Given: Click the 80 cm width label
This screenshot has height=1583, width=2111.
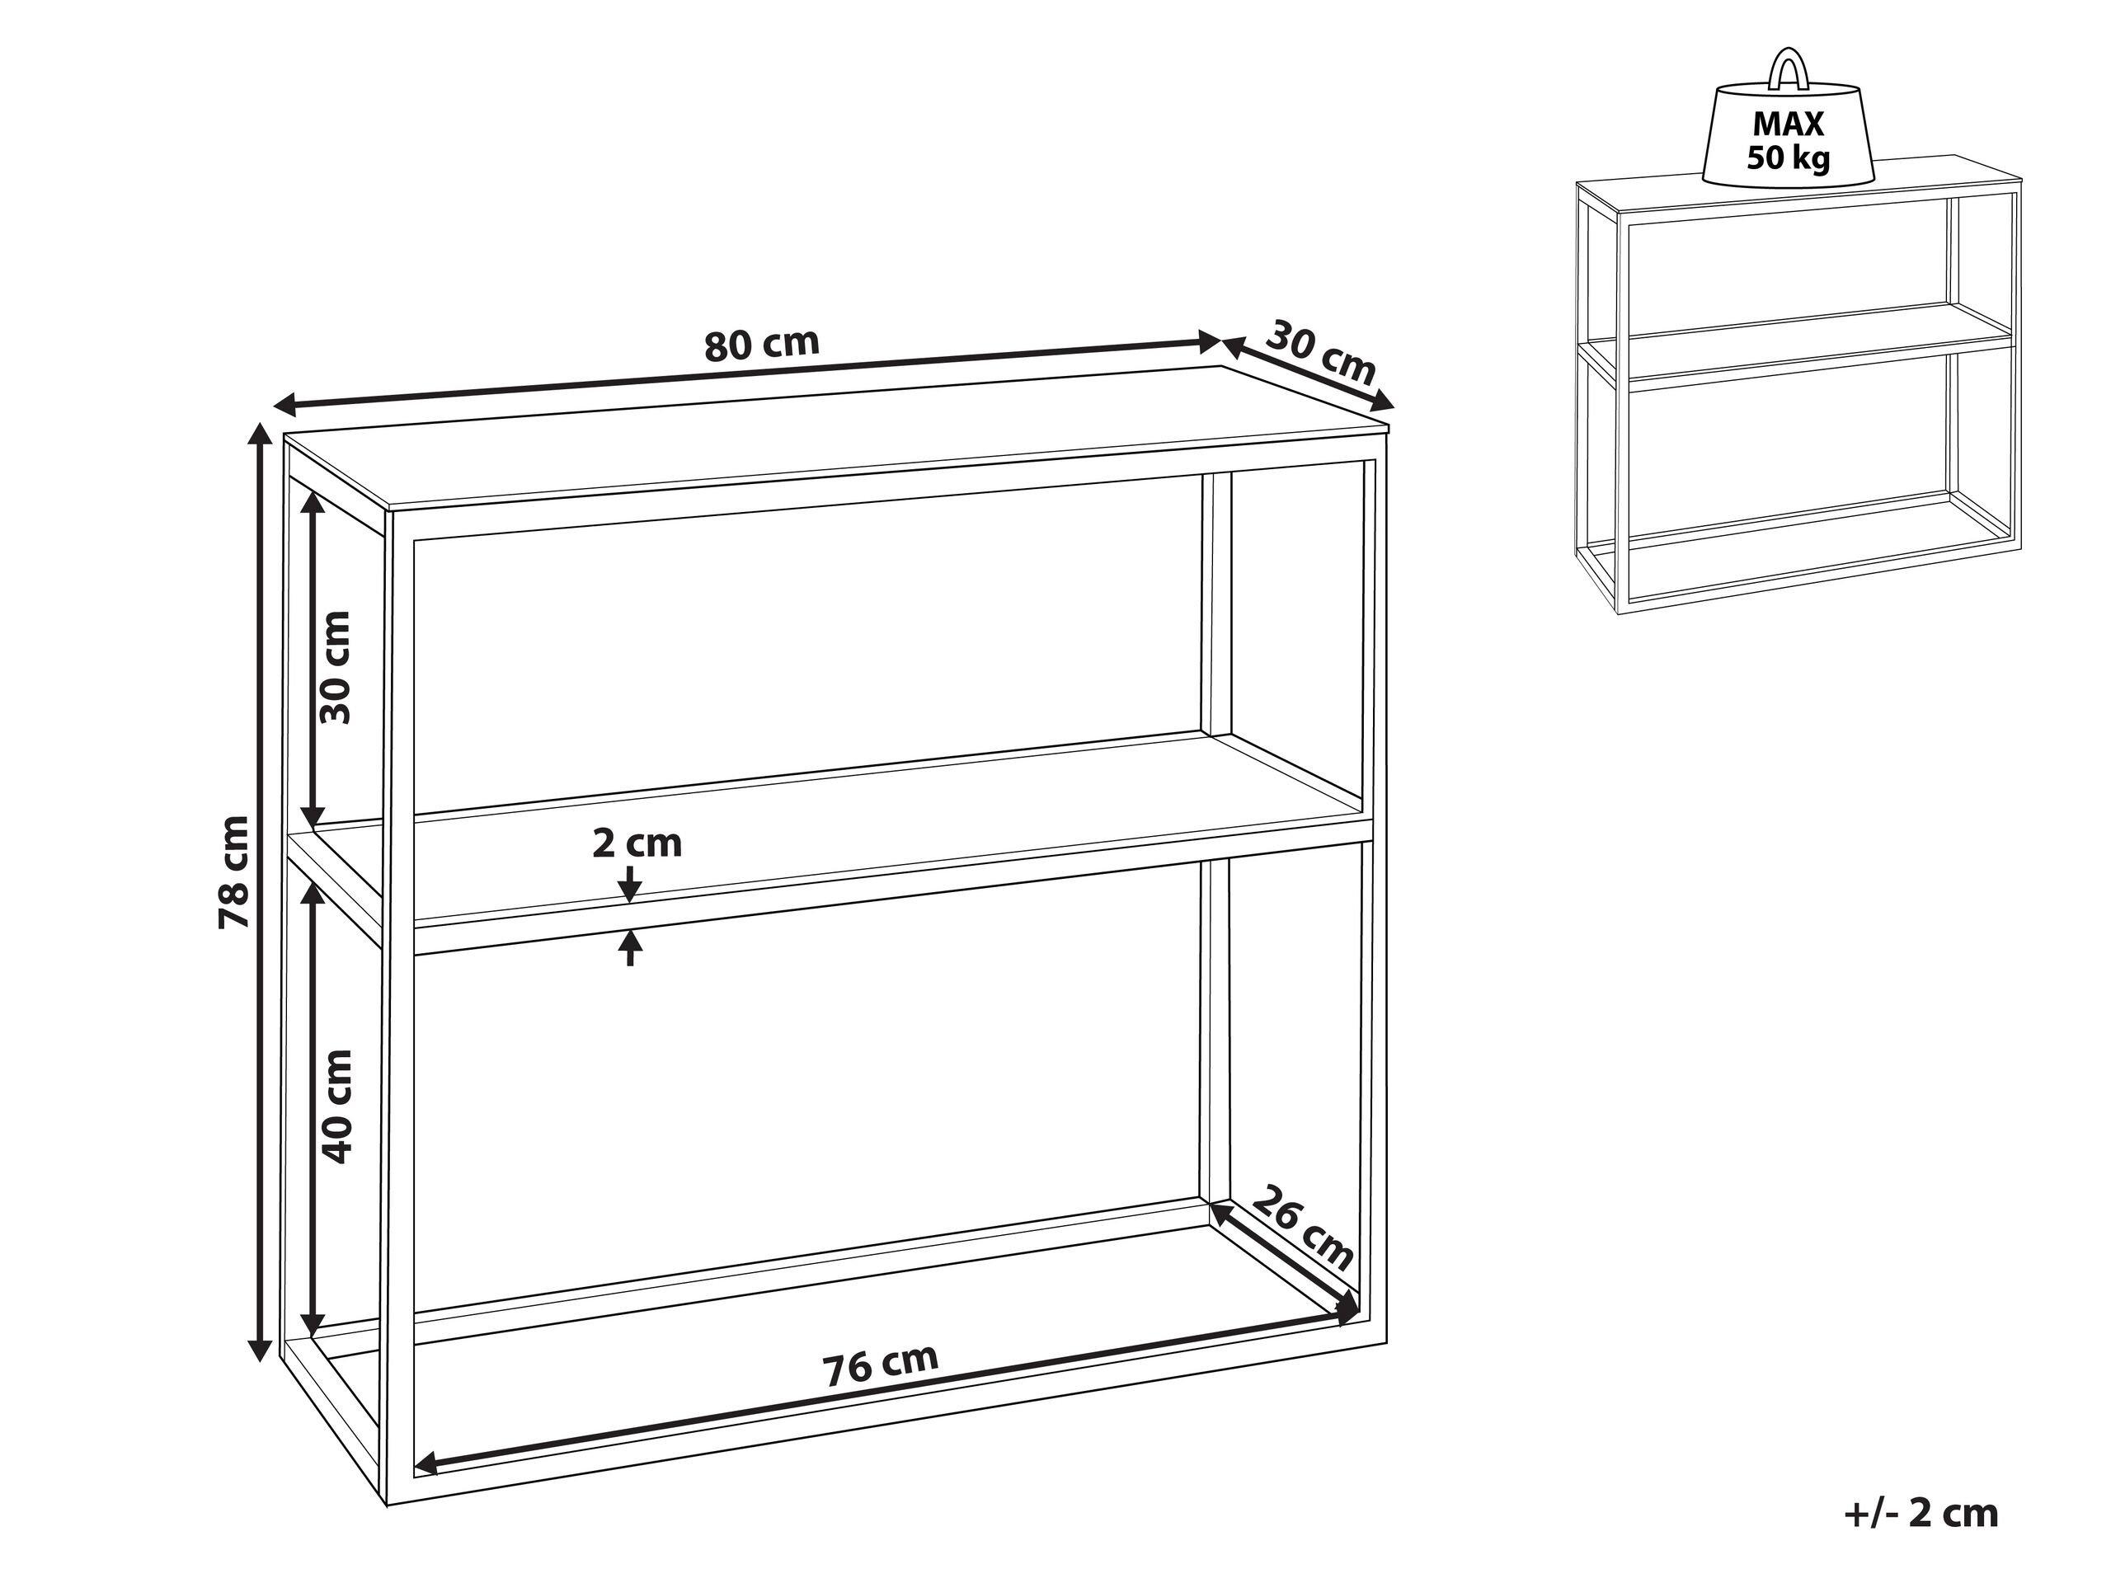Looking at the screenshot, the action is coord(762,345).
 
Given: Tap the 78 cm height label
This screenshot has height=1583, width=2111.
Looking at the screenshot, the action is coord(234,872).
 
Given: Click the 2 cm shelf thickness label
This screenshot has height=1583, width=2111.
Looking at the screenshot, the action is coord(637,844).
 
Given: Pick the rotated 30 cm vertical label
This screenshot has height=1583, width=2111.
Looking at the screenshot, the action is coord(335,667).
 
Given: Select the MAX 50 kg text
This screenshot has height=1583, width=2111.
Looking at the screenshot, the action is coord(1789,140).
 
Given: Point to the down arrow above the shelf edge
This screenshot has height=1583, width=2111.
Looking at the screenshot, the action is coord(630,885).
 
